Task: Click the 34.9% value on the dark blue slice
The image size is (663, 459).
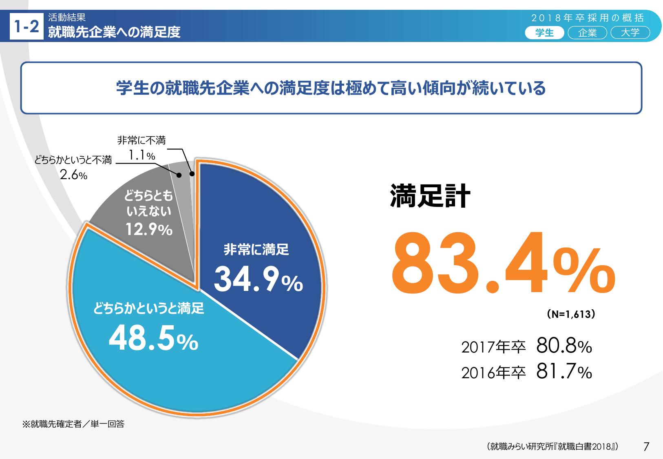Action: (258, 280)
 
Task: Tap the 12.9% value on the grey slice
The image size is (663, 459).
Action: (149, 230)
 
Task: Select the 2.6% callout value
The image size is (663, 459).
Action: (73, 175)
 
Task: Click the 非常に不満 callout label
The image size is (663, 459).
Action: (141, 140)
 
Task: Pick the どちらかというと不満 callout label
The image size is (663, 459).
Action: (73, 160)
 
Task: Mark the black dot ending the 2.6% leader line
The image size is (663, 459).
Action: (179, 175)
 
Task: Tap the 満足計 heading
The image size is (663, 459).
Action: (430, 196)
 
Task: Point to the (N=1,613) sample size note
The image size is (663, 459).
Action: (570, 315)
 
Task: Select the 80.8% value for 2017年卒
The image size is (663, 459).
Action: (564, 346)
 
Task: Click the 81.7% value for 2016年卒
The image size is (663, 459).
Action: (564, 372)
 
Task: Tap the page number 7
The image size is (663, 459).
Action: (646, 446)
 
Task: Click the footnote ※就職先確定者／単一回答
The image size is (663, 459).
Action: (73, 424)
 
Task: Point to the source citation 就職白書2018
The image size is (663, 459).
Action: (552, 446)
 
